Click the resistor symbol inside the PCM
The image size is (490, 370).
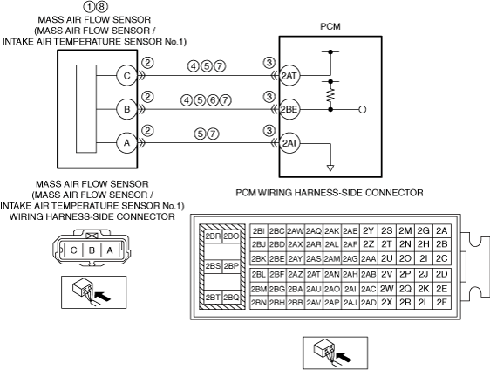point(330,95)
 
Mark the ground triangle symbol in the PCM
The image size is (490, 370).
point(330,168)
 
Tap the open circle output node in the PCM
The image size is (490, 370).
point(363,110)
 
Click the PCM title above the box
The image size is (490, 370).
point(330,27)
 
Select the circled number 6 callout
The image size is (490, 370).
point(213,100)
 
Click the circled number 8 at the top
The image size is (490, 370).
point(101,6)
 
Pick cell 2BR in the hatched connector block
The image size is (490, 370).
point(213,236)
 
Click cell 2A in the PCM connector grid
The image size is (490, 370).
point(441,231)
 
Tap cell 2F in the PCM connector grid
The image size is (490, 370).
point(441,303)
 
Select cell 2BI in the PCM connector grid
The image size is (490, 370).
point(259,231)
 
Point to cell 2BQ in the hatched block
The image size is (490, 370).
point(231,297)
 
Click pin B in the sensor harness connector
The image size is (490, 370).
point(92,250)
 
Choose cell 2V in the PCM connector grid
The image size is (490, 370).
point(387,274)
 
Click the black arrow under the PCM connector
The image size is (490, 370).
point(344,357)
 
